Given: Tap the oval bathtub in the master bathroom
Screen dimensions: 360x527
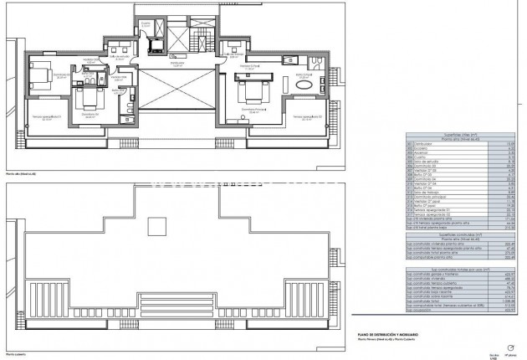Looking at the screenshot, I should pyautogui.click(x=304, y=85).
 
